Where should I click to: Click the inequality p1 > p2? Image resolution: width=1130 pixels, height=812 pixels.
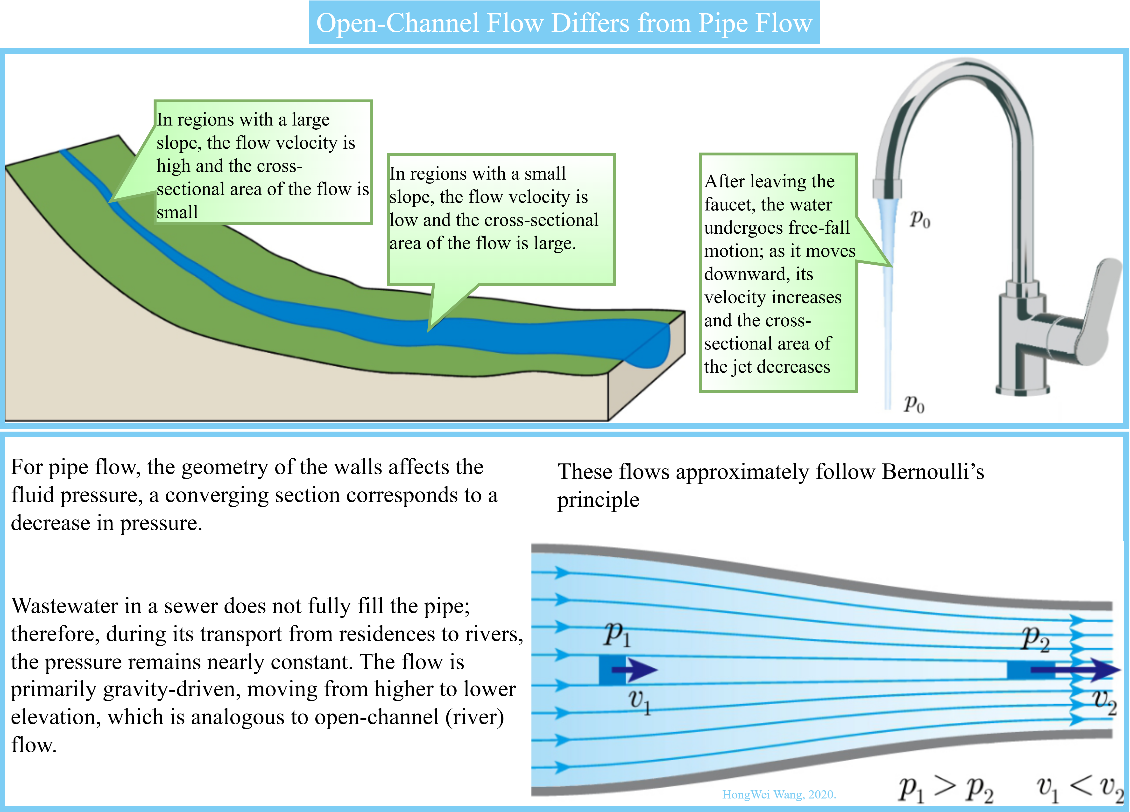click(946, 789)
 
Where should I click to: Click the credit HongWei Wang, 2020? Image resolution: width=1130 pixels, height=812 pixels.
click(779, 795)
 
